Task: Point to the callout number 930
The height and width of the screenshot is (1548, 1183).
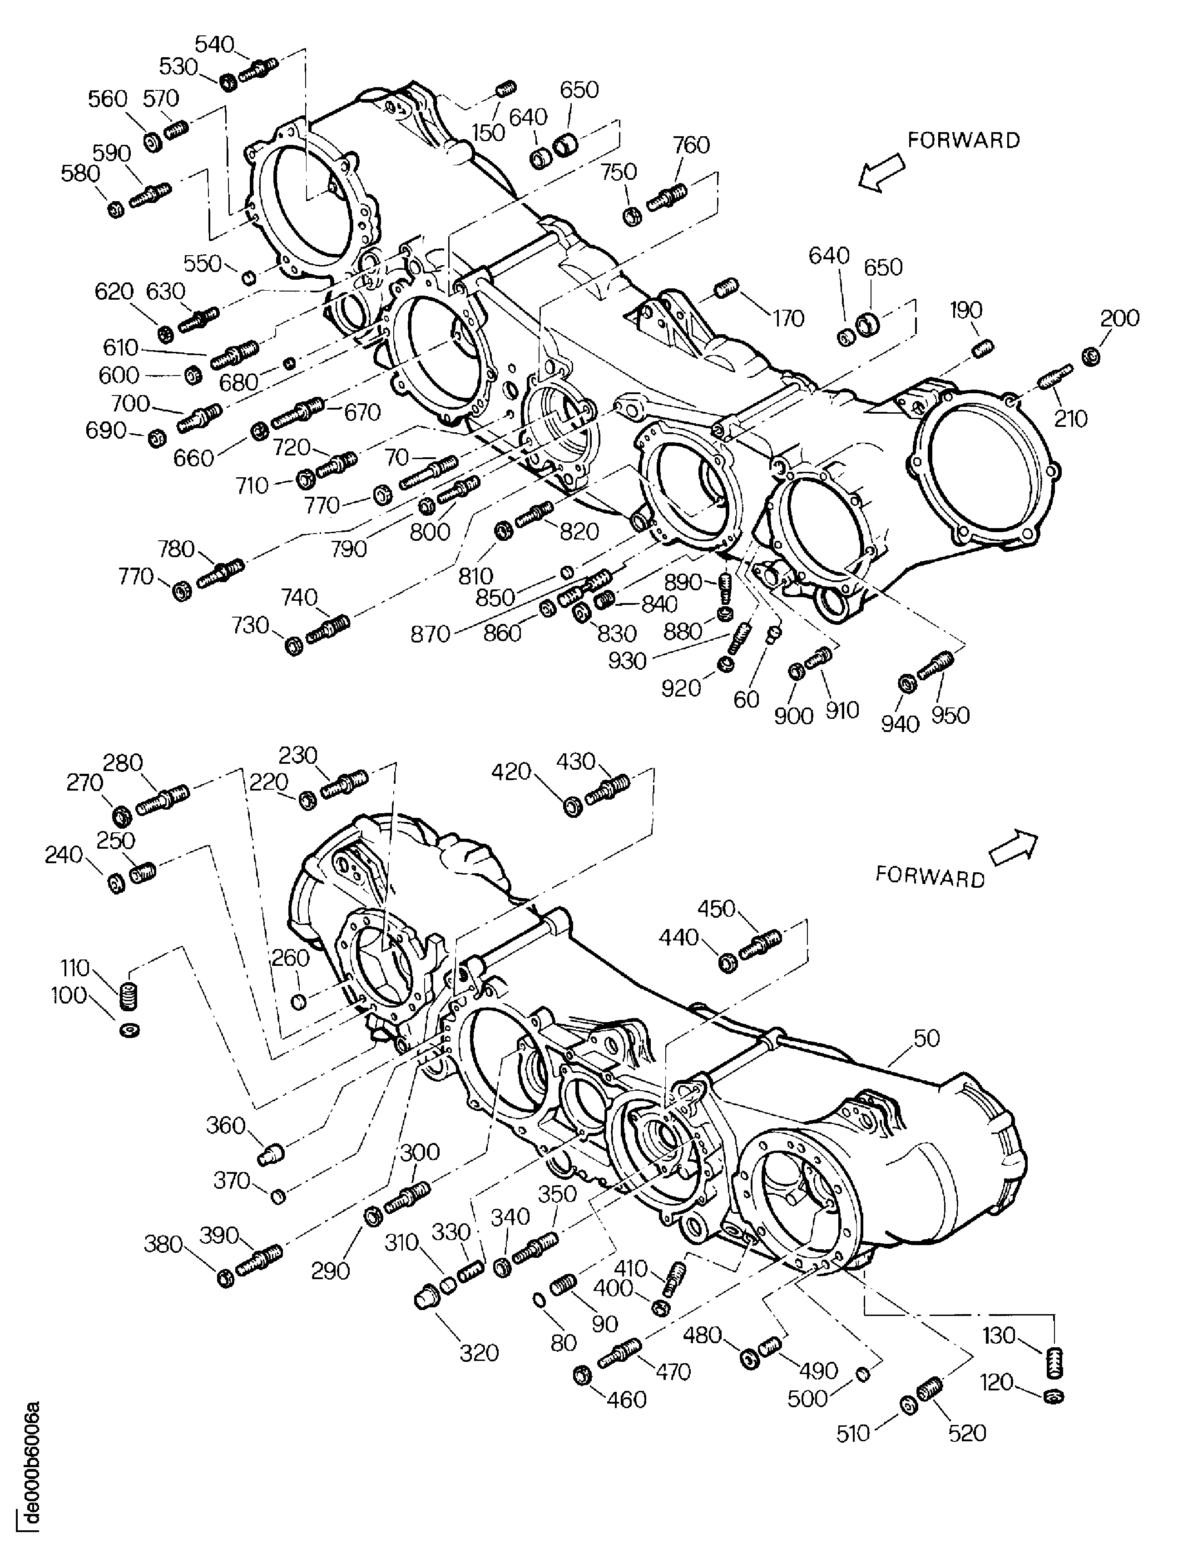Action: (627, 661)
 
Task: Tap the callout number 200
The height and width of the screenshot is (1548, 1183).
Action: (1119, 318)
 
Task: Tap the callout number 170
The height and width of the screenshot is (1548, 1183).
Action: (788, 318)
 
